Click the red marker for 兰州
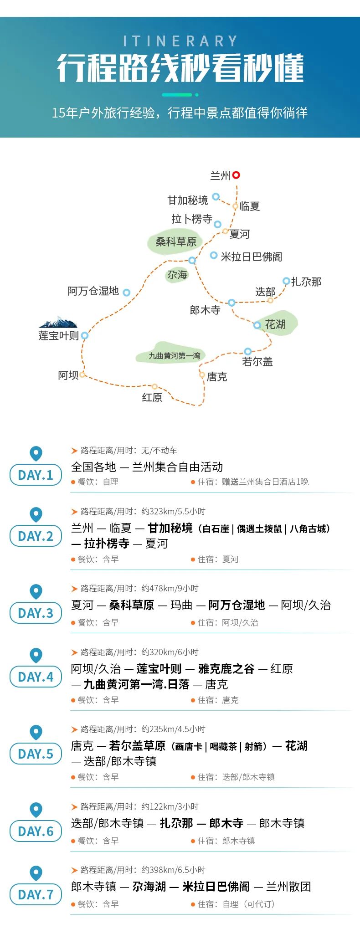[x=236, y=175]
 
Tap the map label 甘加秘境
[x=188, y=200]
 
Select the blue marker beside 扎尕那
[x=286, y=281]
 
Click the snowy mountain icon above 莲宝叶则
[x=58, y=323]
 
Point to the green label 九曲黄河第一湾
[x=175, y=356]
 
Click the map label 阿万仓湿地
[x=93, y=291]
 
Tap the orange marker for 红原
[x=155, y=386]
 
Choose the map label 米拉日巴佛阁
[x=252, y=257]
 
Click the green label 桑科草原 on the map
[x=176, y=242]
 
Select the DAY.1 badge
[x=36, y=475]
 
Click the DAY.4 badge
[x=36, y=677]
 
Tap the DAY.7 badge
[x=36, y=894]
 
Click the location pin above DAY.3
[x=36, y=592]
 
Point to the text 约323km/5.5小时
[x=173, y=511]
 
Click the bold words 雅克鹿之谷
[x=226, y=669]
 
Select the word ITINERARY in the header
[x=180, y=41]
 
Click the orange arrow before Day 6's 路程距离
[x=74, y=807]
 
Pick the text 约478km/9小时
[x=170, y=588]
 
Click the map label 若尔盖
[x=257, y=362]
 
